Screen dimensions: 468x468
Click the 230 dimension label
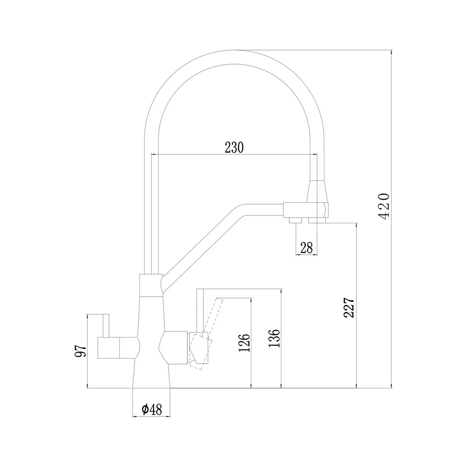point(234,147)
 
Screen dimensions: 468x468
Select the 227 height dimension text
point(349,307)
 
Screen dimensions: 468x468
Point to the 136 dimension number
point(274,338)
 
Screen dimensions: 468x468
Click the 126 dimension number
point(244,343)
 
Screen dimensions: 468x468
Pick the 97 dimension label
point(80,351)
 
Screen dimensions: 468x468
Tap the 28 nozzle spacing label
point(307,248)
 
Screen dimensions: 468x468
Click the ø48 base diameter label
point(152,409)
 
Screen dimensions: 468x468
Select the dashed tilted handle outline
point(206,334)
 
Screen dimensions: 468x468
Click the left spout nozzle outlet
point(296,220)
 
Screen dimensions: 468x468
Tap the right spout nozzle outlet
point(317,220)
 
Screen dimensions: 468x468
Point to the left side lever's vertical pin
point(106,326)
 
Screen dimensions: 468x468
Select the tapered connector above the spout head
point(319,191)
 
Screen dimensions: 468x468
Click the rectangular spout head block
point(306,210)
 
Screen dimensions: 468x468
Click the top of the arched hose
point(234,57)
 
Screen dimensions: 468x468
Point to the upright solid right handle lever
point(200,310)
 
